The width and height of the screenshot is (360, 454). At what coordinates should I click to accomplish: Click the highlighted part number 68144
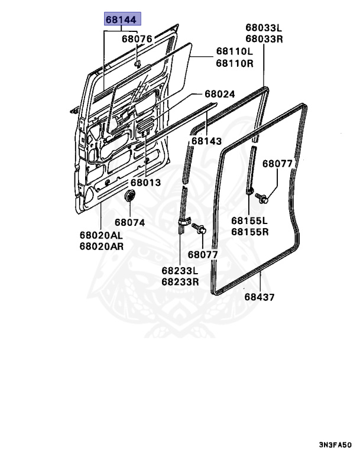point(121,20)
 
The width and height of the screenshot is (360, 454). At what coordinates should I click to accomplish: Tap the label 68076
point(137,40)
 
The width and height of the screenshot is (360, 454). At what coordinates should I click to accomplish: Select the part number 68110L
point(234,52)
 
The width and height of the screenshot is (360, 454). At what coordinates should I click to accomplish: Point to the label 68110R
point(234,63)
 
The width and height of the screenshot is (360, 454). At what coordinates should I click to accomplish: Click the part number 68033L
point(264,28)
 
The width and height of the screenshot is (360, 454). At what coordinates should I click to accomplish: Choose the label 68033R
point(264,39)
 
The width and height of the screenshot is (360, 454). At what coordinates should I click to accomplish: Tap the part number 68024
point(220,94)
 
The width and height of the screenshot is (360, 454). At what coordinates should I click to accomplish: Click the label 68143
point(207,142)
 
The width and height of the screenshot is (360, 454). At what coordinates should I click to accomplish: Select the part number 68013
point(146,183)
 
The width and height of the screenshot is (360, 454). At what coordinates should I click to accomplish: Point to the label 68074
point(129,223)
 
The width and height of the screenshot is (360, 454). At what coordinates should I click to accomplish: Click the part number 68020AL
point(102,235)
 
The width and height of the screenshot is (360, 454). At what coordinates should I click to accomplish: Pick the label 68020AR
point(102,247)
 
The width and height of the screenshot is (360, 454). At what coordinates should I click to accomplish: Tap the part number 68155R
point(250,232)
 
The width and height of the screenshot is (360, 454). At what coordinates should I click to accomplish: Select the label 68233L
point(180,271)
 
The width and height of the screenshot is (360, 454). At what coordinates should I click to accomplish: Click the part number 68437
point(260,297)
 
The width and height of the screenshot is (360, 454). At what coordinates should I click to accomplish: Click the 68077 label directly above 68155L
point(278,164)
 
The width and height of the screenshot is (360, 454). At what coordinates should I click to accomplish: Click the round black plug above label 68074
point(130,196)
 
